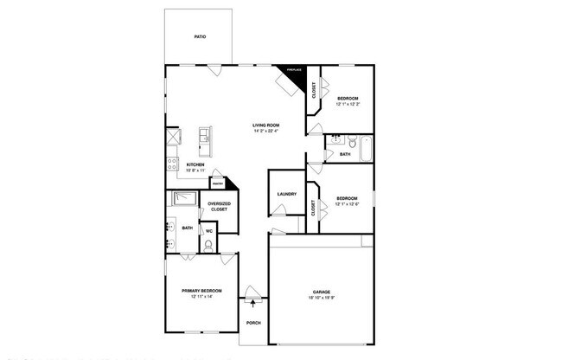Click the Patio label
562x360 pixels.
pyautogui.click(x=199, y=37)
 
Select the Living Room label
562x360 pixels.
pyautogui.click(x=265, y=125)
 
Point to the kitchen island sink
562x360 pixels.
pyautogui.click(x=205, y=136)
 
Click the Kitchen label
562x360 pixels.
pyautogui.click(x=195, y=164)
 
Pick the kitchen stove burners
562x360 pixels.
pyautogui.click(x=172, y=164)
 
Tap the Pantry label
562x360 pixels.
pyautogui.click(x=219, y=185)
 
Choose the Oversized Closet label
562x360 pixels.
pyautogui.click(x=219, y=207)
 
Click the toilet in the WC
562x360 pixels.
pyautogui.click(x=208, y=245)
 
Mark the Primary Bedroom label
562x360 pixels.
pyautogui.click(x=201, y=291)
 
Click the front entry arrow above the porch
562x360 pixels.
pyautogui.click(x=252, y=301)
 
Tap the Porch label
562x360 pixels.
pyautogui.click(x=253, y=323)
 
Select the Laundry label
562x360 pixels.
pyautogui.click(x=287, y=194)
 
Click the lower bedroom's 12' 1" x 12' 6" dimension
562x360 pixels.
pyautogui.click(x=347, y=204)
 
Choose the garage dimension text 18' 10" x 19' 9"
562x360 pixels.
pyautogui.click(x=322, y=299)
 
